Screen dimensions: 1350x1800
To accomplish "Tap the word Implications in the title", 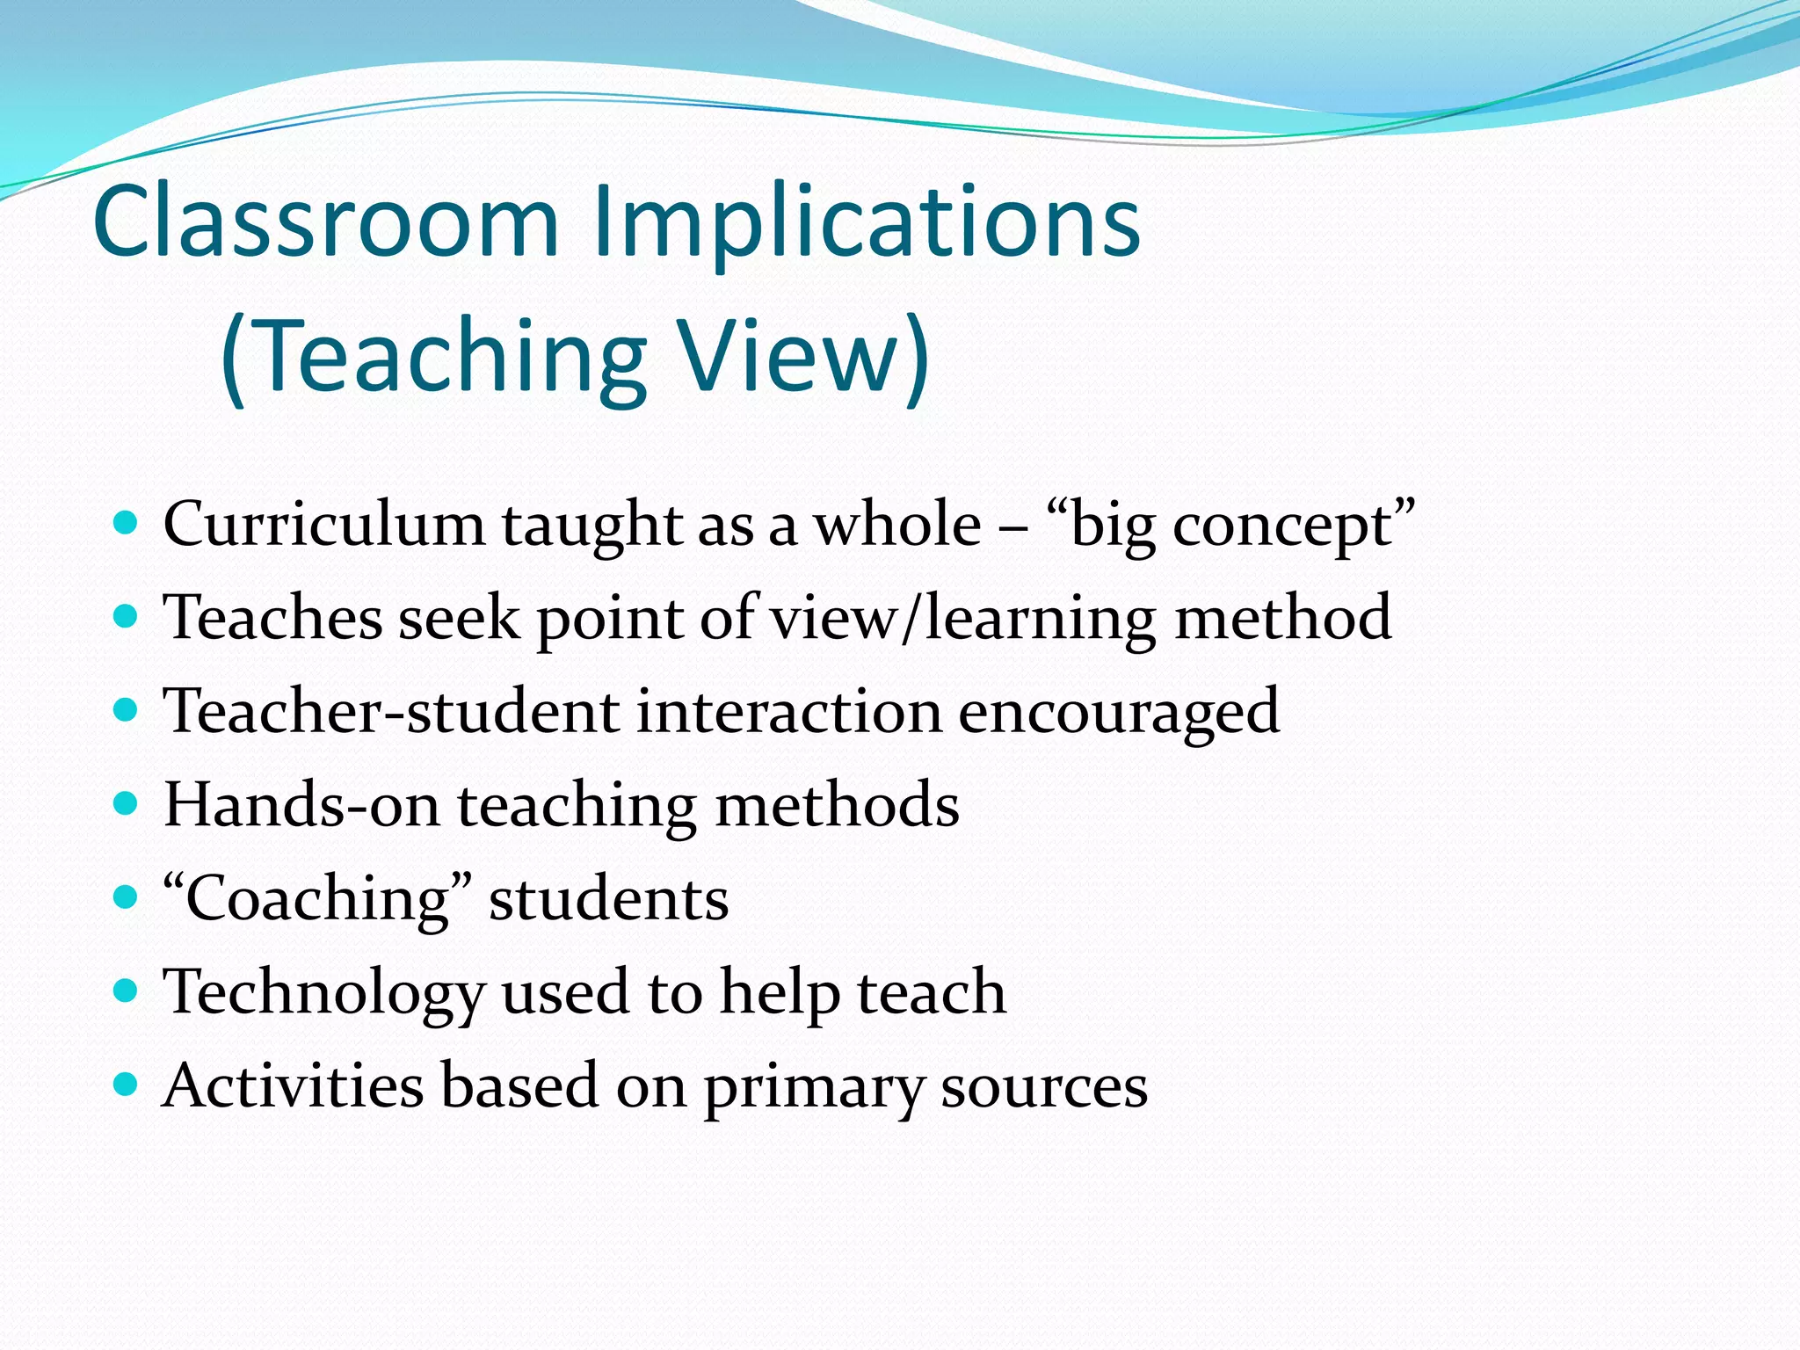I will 867,224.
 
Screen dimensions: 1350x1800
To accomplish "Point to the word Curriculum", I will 323,525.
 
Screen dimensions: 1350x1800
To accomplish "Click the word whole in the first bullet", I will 896,525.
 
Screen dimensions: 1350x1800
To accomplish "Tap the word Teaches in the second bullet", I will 272,618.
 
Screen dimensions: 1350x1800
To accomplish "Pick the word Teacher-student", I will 392,711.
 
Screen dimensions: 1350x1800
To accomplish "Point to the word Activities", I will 293,1085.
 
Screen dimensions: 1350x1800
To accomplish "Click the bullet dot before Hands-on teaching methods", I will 127,803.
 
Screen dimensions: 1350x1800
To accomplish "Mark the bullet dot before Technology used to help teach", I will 127,991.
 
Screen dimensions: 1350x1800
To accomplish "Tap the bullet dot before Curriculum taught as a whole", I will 127,523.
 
